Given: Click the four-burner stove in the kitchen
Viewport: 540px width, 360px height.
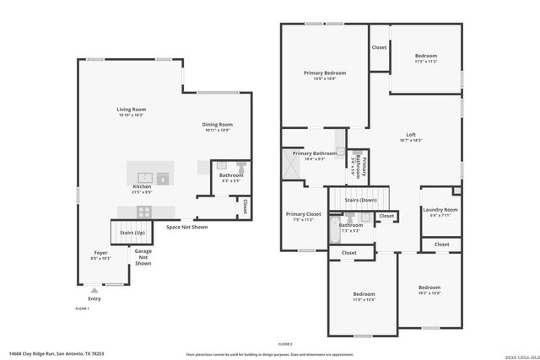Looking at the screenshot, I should [144, 211].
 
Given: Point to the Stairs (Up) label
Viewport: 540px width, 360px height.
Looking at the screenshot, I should [132, 232].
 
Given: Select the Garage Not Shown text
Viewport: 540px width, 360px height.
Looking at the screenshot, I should [143, 257].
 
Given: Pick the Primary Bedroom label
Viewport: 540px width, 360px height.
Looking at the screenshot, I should [325, 75].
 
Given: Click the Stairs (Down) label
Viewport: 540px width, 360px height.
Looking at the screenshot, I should [361, 200].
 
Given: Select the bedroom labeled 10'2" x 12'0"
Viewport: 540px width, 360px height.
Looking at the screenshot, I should [429, 289].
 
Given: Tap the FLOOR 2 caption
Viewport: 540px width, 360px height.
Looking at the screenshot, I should [285, 344].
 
